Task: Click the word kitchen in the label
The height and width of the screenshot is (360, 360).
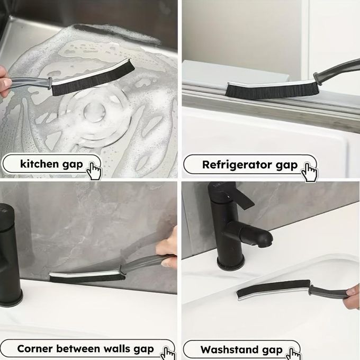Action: tap(39, 164)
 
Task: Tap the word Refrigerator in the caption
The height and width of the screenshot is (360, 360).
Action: tap(237, 165)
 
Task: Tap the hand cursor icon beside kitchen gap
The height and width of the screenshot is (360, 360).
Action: tap(94, 171)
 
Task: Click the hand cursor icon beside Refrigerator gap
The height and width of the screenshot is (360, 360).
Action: tap(310, 172)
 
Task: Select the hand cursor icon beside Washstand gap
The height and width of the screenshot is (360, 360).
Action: tap(293, 354)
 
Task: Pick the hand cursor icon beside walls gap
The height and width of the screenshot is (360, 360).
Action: tap(168, 354)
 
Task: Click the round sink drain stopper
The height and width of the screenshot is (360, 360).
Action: tap(95, 112)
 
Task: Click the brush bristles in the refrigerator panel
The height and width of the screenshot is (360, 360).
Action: tap(272, 90)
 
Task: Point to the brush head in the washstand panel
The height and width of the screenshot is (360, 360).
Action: tap(274, 290)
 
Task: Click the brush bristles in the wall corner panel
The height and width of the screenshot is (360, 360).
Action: tap(87, 278)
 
